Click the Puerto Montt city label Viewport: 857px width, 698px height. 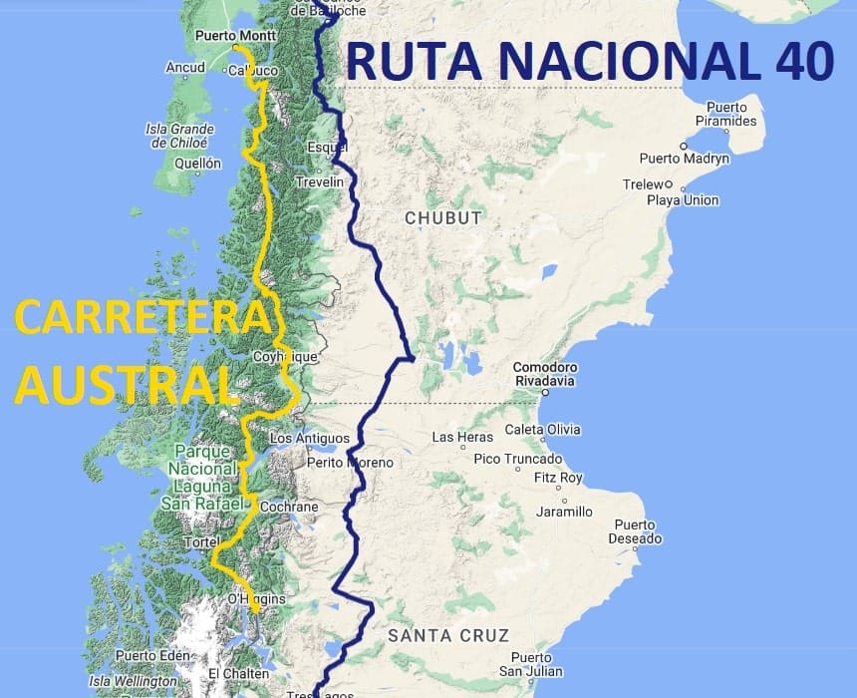tap(235, 35)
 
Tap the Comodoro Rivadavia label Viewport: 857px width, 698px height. tap(546, 374)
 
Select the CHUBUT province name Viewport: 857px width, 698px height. tap(442, 217)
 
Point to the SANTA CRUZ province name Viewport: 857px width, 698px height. tap(448, 635)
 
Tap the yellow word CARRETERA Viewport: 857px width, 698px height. tap(143, 318)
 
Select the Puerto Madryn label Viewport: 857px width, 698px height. tap(685, 159)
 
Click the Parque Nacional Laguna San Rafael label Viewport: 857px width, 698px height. tap(202, 477)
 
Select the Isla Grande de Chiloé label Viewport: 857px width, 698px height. tap(180, 136)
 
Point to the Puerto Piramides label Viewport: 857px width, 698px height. tap(731, 114)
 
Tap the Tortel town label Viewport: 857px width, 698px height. tap(194, 541)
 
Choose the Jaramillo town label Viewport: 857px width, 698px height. tap(564, 512)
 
